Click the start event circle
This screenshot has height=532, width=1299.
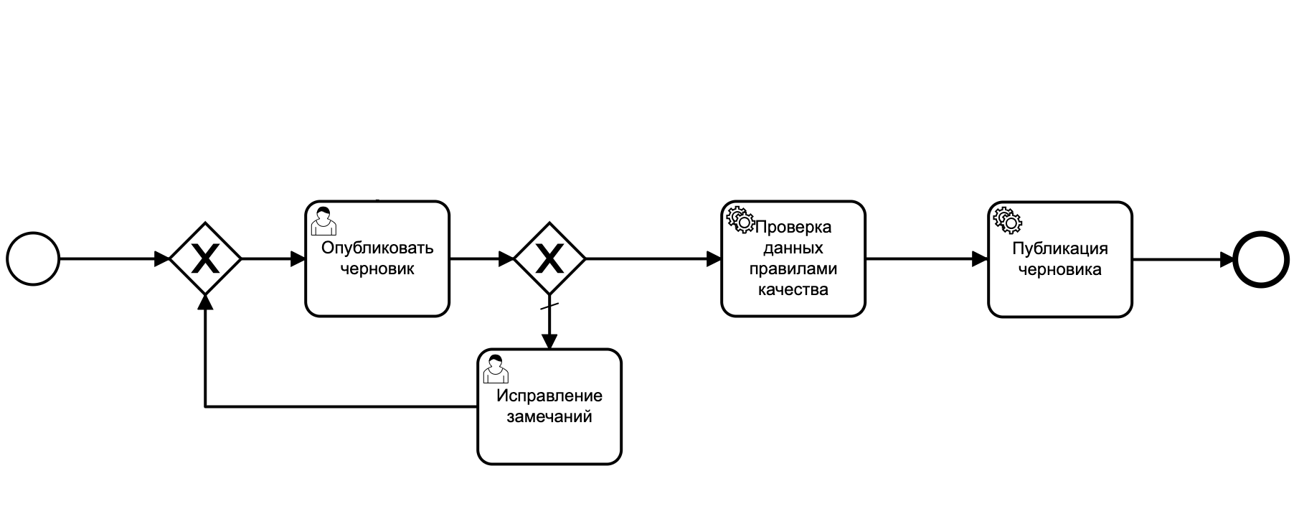pyautogui.click(x=33, y=259)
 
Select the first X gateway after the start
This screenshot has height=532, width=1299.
pyautogui.click(x=205, y=258)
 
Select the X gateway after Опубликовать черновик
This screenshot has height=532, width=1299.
pyautogui.click(x=549, y=258)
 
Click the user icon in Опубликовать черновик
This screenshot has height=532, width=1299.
pyautogui.click(x=323, y=221)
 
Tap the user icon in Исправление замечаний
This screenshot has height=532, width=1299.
pyautogui.click(x=496, y=369)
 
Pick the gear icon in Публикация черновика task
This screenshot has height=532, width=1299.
pyautogui.click(x=1007, y=220)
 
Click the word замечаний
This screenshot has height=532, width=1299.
pyautogui.click(x=549, y=417)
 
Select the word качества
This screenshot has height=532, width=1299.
pyautogui.click(x=793, y=290)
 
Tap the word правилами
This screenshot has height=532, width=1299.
pyautogui.click(x=793, y=269)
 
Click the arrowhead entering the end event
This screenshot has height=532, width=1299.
pyautogui.click(x=1227, y=259)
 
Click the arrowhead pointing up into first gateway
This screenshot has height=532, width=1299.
pyautogui.click(x=205, y=302)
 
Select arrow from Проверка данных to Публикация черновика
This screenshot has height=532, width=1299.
pyautogui.click(x=925, y=259)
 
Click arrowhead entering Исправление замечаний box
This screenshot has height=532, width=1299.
pyautogui.click(x=549, y=341)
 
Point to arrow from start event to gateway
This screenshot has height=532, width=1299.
pyautogui.click(x=108, y=259)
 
